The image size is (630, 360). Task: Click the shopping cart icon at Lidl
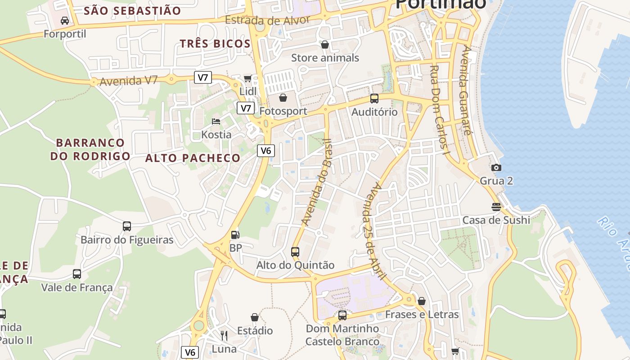(x=247, y=79)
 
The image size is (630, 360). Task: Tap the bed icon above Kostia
(x=216, y=121)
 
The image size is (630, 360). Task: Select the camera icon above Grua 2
(x=496, y=168)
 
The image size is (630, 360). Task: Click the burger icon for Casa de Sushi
(x=496, y=207)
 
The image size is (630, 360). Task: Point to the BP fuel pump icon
(x=235, y=234)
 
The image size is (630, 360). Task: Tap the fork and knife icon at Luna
(x=224, y=335)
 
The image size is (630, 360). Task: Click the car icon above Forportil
(x=65, y=21)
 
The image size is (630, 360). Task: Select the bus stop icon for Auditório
(x=374, y=99)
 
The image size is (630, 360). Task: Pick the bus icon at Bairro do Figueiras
(x=127, y=226)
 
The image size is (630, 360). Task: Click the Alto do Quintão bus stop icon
(x=295, y=252)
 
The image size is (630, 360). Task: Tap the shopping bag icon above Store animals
(x=325, y=45)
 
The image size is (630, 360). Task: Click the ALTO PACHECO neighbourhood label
(x=193, y=158)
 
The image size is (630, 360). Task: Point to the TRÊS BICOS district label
(x=215, y=44)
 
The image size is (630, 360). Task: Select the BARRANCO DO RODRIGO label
(x=90, y=149)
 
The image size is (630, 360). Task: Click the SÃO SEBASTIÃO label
(x=132, y=11)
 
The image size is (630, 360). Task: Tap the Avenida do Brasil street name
(x=317, y=182)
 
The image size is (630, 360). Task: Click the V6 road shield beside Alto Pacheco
(x=266, y=150)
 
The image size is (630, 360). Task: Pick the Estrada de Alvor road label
(x=267, y=20)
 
